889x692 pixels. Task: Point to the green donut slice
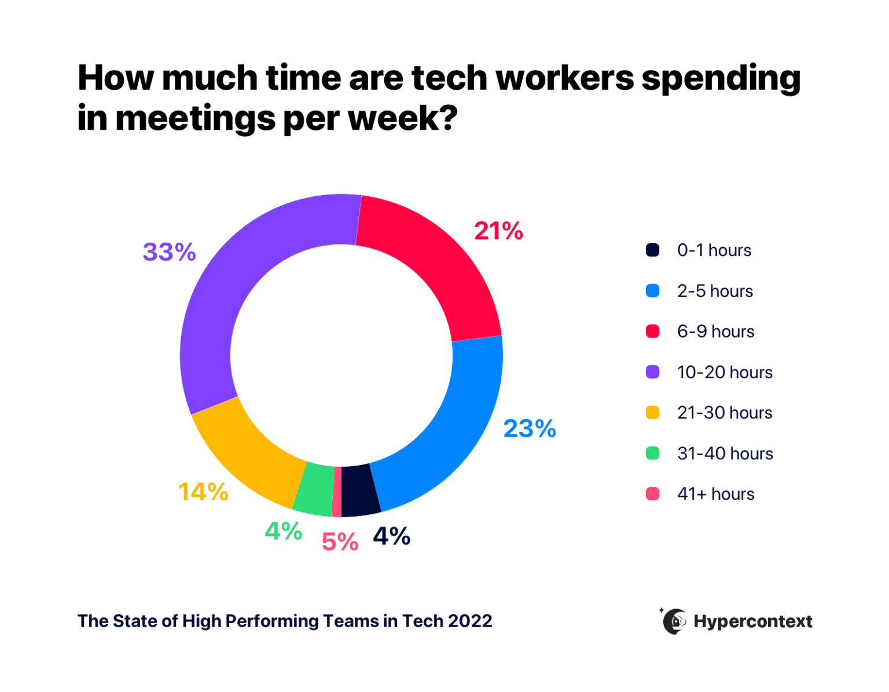[313, 489]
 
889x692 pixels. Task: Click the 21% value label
[498, 231]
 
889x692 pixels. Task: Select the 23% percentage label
[529, 429]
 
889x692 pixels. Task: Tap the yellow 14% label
[203, 492]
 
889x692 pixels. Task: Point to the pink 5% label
[340, 542]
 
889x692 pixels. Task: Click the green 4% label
[284, 531]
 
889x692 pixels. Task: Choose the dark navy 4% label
[392, 536]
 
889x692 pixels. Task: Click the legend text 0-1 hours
[714, 250]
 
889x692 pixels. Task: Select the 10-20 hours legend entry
[725, 372]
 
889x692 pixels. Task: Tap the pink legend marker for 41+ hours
[652, 494]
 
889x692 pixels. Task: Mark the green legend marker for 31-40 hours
[652, 453]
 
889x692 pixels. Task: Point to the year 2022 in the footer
[469, 621]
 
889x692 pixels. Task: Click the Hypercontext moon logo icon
[674, 621]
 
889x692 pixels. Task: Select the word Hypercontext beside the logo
[753, 621]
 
